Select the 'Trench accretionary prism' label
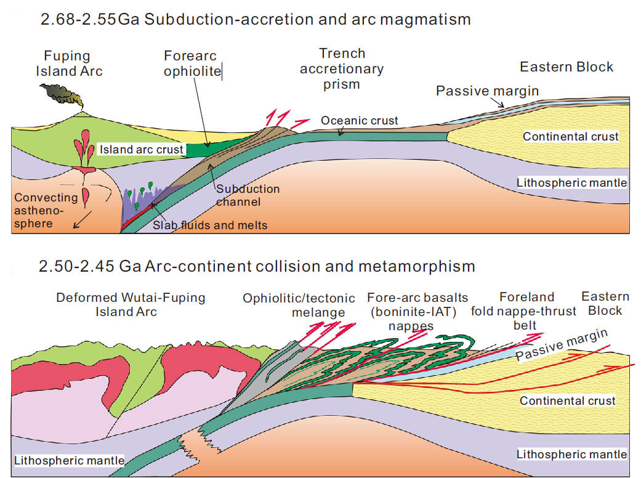[x=342, y=68]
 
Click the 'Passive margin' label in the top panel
[x=487, y=91]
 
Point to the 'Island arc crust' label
[x=142, y=150]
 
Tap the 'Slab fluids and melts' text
[x=210, y=225]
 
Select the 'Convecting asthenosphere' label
[x=46, y=211]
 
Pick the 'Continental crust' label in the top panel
[x=570, y=137]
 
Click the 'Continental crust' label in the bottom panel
[x=568, y=401]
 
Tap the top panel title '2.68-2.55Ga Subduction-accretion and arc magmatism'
[x=256, y=20]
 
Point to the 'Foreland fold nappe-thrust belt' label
[x=523, y=310]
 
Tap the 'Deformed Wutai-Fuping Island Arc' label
[x=131, y=304]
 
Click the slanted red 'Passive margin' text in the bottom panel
[x=562, y=346]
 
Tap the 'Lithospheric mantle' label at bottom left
[x=68, y=460]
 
